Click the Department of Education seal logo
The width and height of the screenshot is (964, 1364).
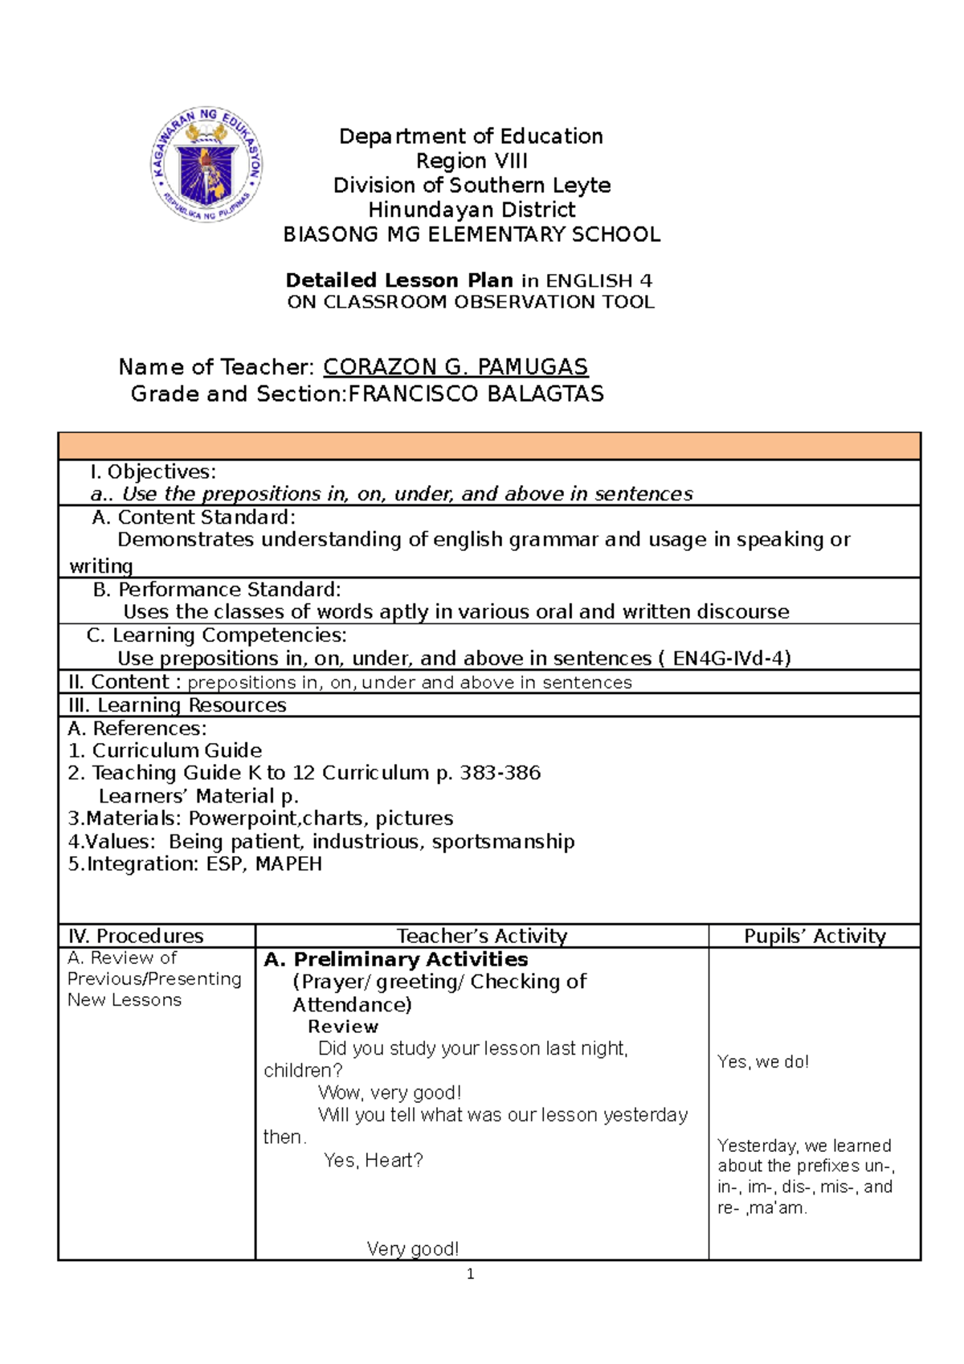click(x=206, y=164)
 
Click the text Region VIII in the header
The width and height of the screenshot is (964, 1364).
click(x=472, y=161)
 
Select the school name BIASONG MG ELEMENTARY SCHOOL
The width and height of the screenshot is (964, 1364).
click(x=472, y=235)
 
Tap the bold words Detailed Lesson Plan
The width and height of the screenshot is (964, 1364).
click(x=399, y=280)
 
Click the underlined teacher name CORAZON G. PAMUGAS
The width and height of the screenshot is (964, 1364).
click(x=455, y=367)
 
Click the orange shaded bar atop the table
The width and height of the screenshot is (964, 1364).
click(x=488, y=446)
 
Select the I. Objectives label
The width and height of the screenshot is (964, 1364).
click(x=153, y=472)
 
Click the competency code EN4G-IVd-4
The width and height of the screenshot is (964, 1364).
click(x=731, y=659)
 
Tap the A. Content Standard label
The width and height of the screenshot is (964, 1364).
click(x=194, y=517)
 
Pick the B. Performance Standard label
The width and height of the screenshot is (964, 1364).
click(x=217, y=590)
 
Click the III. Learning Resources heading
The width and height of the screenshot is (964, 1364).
click(x=178, y=705)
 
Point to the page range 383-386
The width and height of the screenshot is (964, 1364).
click(x=500, y=773)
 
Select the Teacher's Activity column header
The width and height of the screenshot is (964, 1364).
click(x=482, y=936)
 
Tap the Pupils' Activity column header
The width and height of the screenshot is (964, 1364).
click(x=815, y=936)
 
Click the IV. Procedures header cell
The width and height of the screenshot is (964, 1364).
click(x=136, y=936)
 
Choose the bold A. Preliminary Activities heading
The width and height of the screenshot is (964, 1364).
click(x=395, y=959)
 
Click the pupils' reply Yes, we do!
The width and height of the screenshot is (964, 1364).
click(x=762, y=1062)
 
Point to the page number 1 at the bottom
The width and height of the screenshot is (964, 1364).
click(x=471, y=1274)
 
